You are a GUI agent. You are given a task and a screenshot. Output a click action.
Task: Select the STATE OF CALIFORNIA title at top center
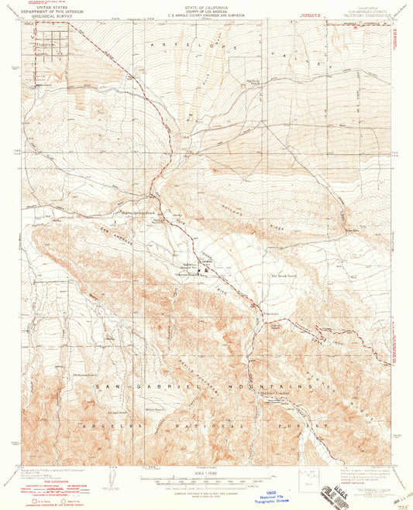point(205,5)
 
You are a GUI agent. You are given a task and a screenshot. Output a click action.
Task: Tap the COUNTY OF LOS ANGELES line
point(205,9)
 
